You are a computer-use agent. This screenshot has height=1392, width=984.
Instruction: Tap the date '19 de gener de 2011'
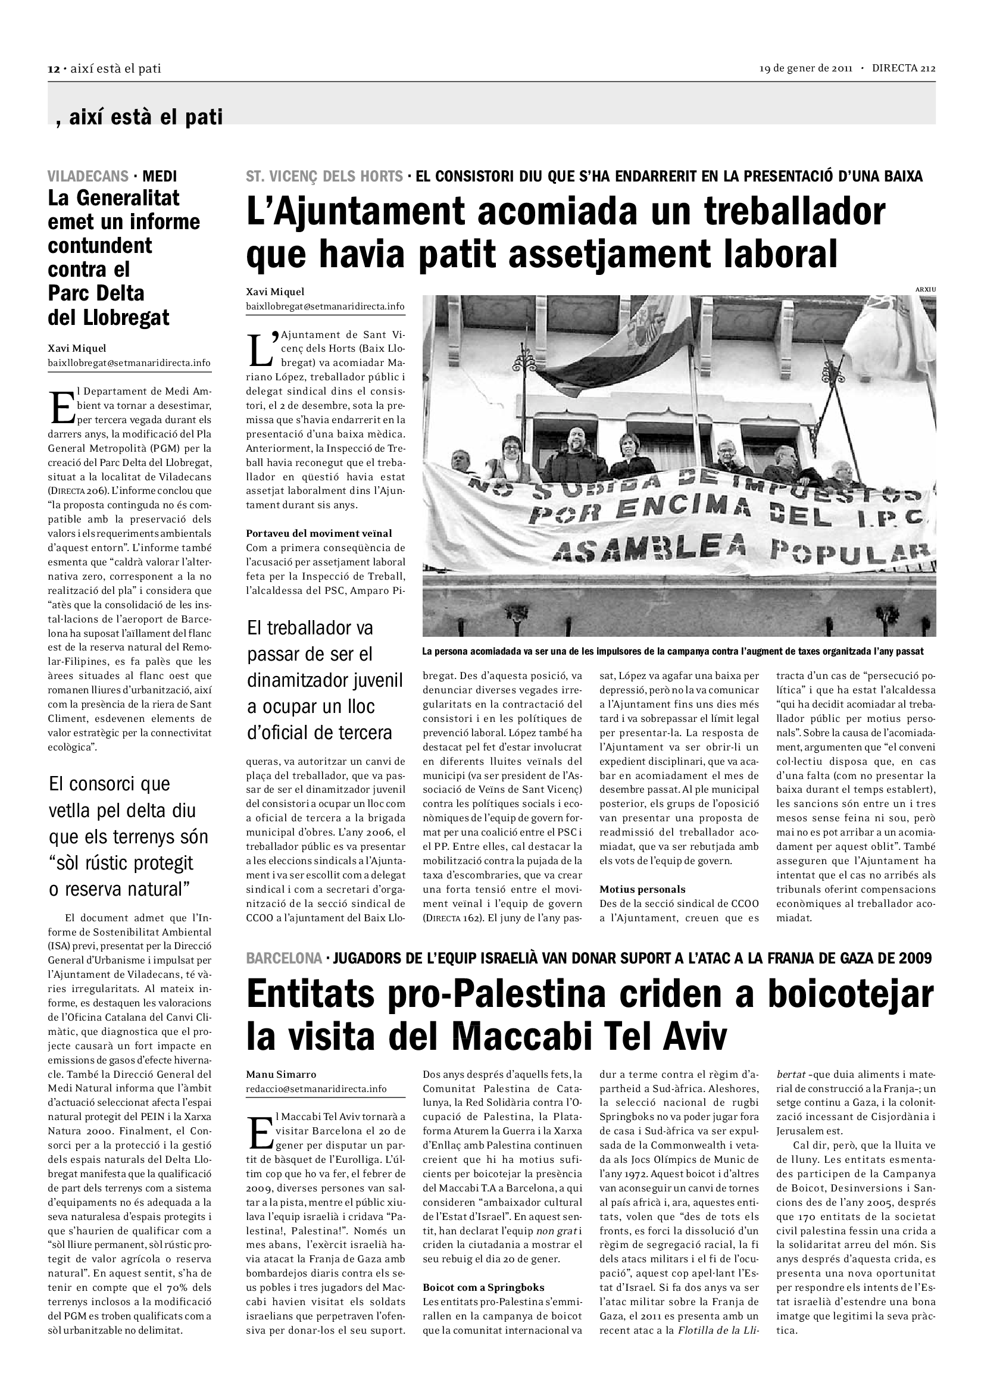(x=806, y=68)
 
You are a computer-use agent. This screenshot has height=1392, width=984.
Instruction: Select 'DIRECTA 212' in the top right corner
(x=904, y=68)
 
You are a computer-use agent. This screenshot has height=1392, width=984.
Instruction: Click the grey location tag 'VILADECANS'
(x=88, y=176)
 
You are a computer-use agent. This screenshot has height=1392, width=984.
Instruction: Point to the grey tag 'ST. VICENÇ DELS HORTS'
(x=324, y=176)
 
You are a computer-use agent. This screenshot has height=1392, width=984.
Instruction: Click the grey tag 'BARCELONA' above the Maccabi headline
(x=284, y=958)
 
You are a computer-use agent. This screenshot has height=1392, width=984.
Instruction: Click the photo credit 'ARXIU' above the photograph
(x=925, y=290)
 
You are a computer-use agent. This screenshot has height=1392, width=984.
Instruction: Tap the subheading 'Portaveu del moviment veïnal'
(x=319, y=533)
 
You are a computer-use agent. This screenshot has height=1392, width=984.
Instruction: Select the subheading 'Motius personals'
(x=643, y=889)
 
